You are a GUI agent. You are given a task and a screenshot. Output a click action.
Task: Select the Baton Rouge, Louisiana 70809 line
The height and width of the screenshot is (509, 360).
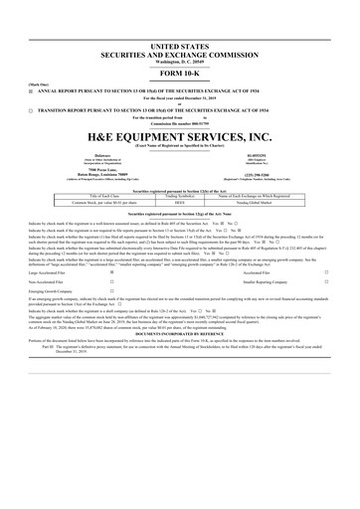tap(93, 175)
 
